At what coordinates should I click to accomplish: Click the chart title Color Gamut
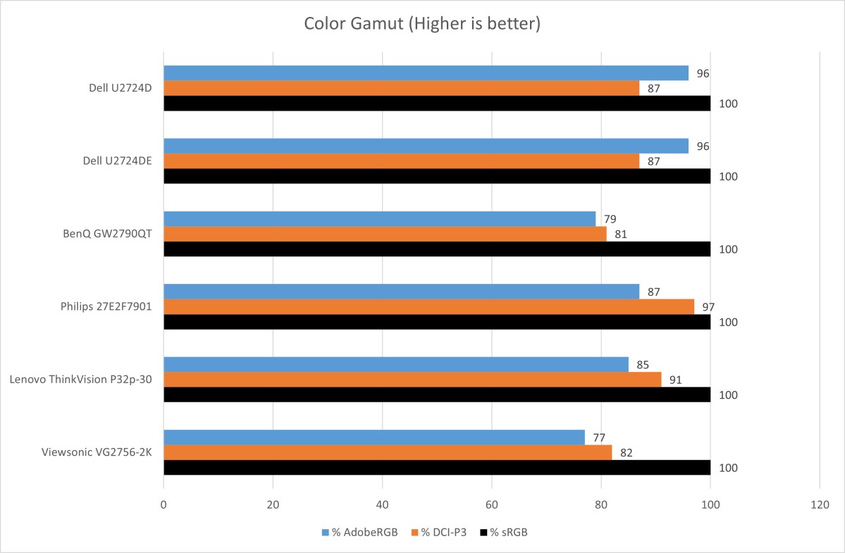(422, 24)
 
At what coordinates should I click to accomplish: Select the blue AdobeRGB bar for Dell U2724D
(426, 73)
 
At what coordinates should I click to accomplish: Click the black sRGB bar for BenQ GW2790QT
(437, 249)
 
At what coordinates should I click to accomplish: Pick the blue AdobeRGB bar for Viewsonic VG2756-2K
(374, 437)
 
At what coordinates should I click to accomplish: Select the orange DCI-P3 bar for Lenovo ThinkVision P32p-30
(412, 380)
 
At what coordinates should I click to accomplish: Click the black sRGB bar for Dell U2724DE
(437, 176)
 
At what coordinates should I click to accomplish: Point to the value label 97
(708, 307)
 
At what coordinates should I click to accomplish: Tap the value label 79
(610, 219)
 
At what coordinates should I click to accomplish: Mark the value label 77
(599, 438)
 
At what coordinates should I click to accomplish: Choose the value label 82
(626, 453)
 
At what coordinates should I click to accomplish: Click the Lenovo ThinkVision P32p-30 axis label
(82, 380)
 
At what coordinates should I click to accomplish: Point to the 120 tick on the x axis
(820, 504)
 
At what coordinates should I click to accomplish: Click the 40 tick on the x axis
(382, 504)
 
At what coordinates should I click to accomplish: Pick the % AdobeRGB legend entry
(360, 533)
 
